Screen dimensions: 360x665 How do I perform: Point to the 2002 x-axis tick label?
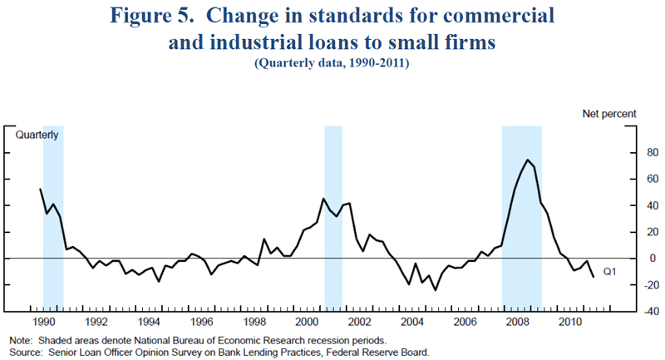point(359,322)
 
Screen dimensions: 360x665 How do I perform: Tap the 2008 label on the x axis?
point(517,322)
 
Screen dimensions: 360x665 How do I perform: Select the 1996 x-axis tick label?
point(201,322)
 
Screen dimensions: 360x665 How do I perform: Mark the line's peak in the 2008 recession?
point(528,160)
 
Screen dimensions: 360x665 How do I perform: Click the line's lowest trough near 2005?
point(434,289)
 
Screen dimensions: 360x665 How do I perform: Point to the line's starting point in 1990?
point(41,189)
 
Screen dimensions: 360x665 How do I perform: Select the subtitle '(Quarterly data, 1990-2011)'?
point(332,62)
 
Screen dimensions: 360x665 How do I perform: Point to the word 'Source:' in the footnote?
point(26,353)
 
